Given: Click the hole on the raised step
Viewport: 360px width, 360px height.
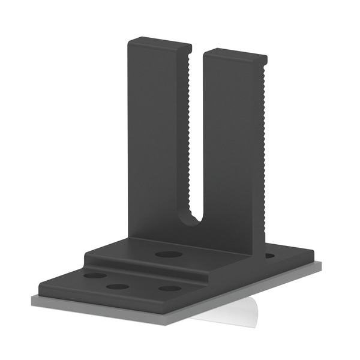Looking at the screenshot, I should tap(169, 254).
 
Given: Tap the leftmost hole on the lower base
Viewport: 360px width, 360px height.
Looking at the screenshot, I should tap(95, 276).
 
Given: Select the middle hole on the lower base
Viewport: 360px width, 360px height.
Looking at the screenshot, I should tap(118, 286).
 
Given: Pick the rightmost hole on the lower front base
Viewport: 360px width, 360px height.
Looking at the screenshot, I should tap(170, 288).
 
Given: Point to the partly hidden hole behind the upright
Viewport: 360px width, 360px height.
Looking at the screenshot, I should tap(270, 256).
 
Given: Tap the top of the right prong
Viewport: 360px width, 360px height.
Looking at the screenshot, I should tap(234, 52).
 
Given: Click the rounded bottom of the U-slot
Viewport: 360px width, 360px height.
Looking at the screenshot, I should tap(196, 220).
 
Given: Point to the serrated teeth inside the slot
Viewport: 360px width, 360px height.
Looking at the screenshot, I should tap(192, 132).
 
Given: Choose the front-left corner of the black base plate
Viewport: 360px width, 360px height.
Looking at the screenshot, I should tap(40, 289).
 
